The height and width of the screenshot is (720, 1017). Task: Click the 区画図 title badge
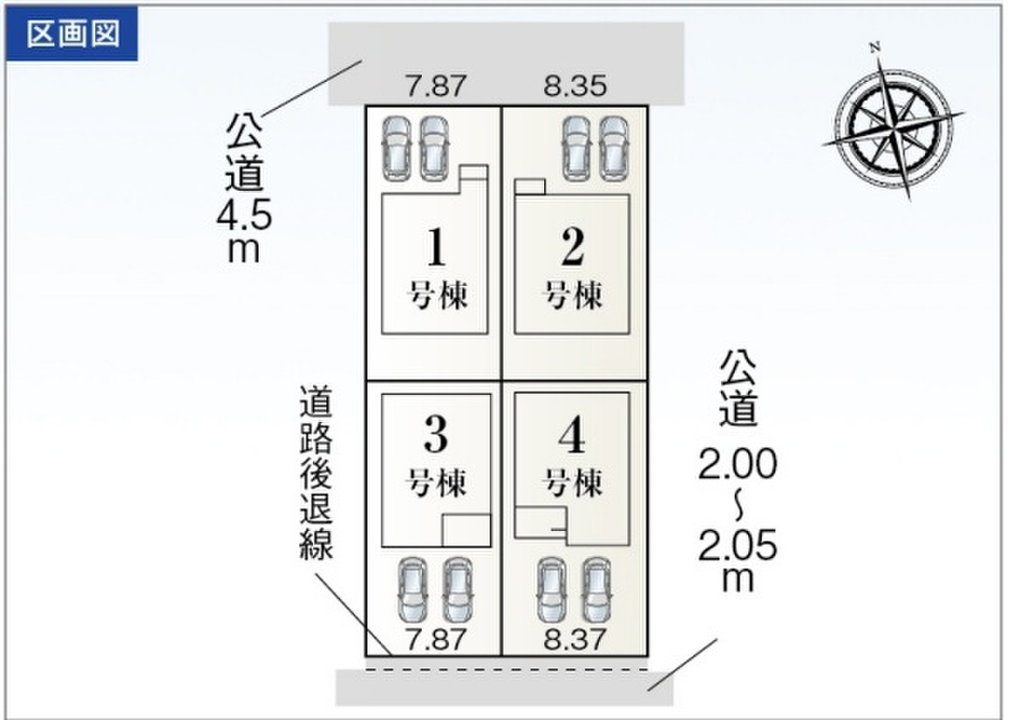(x=72, y=34)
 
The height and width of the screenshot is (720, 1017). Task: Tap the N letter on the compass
(x=874, y=46)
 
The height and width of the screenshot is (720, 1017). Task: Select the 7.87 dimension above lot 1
(x=436, y=86)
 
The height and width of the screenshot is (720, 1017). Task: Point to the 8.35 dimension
(x=575, y=86)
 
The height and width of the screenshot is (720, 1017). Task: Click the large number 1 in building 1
(x=435, y=249)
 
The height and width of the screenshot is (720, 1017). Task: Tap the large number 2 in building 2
(x=572, y=249)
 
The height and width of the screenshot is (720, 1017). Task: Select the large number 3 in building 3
(x=435, y=437)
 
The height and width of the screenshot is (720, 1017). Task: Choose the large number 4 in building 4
(x=572, y=437)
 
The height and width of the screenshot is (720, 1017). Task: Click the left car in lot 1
(x=396, y=146)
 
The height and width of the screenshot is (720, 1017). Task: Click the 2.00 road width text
(x=737, y=466)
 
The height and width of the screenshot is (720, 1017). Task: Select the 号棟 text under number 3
(x=439, y=483)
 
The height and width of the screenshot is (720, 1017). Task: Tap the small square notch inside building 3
(x=466, y=529)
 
